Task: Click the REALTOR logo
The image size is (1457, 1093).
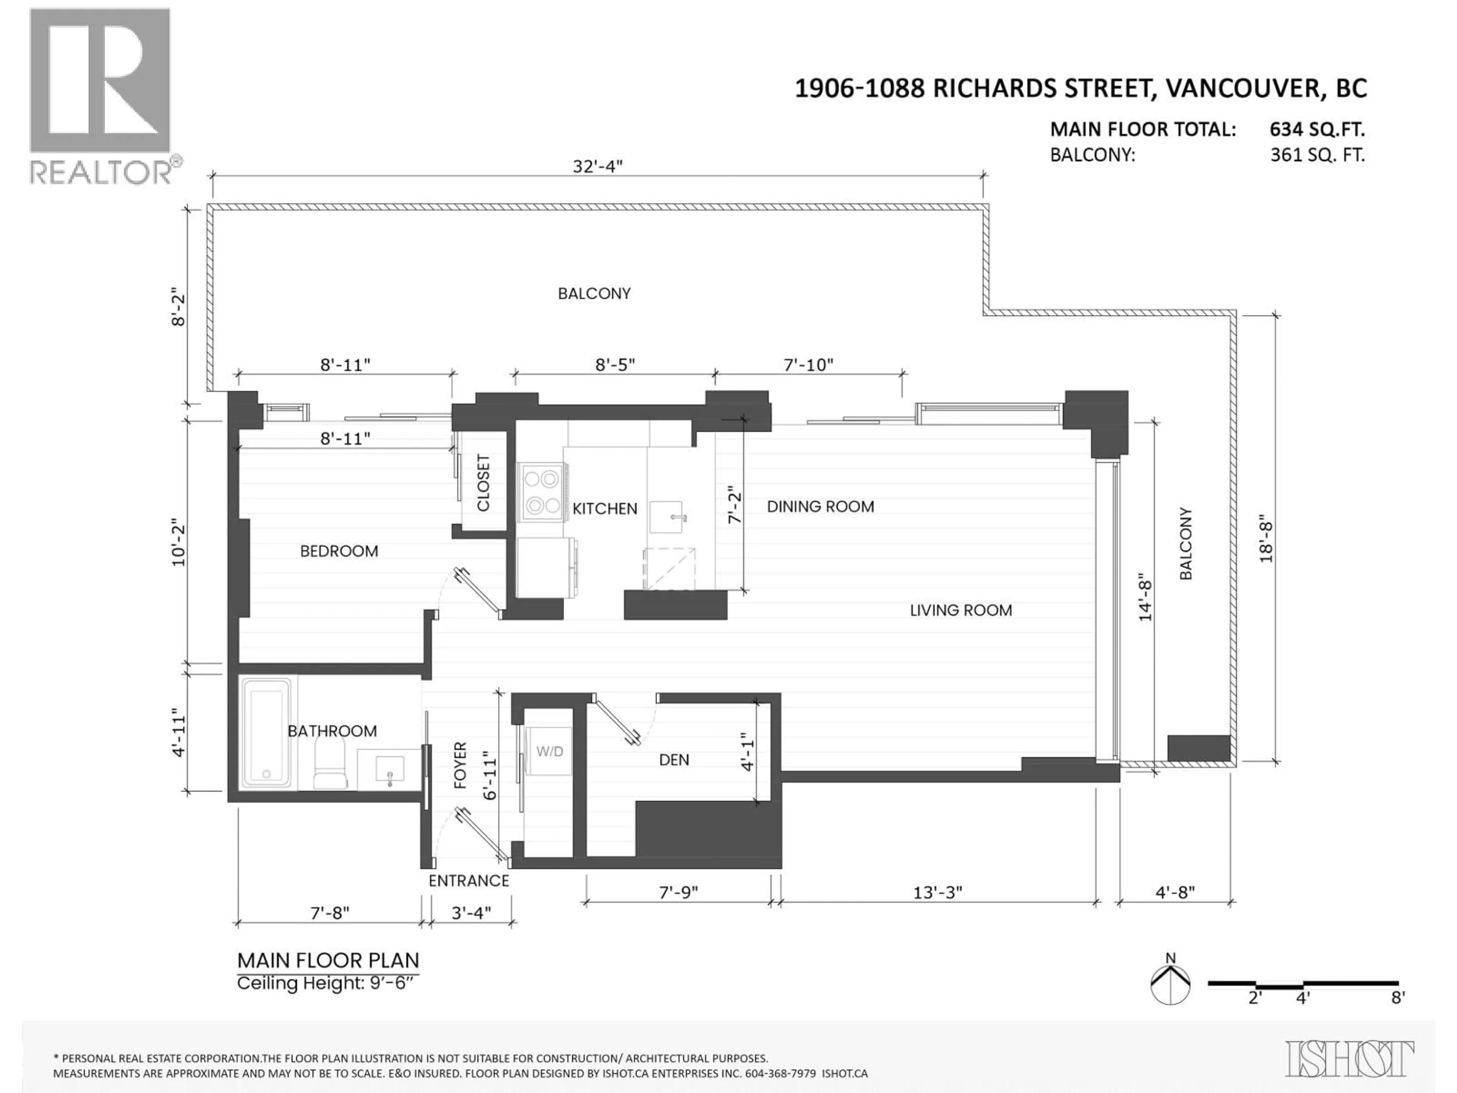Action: click(100, 96)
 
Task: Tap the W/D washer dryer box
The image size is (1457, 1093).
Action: click(549, 751)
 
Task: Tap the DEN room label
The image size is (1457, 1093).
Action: click(674, 760)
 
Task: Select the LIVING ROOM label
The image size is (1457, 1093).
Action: click(960, 610)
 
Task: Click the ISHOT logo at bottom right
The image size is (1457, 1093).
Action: click(1349, 1059)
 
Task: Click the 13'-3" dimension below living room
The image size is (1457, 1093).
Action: click(937, 892)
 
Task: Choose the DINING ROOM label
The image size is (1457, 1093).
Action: click(820, 507)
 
